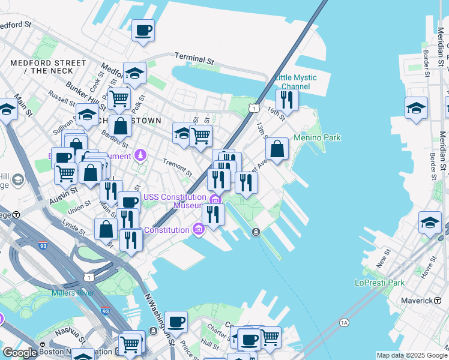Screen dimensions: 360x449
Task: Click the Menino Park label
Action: click(x=317, y=137)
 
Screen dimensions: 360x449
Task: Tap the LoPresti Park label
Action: click(x=380, y=283)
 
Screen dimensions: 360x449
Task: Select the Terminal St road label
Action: click(x=194, y=58)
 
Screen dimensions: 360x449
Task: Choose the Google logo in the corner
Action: click(x=20, y=353)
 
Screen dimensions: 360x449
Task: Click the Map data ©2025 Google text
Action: click(x=412, y=355)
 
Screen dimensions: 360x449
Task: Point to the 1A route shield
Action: click(x=344, y=322)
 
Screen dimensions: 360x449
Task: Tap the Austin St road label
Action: click(x=64, y=194)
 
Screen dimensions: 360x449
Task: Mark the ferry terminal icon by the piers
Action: click(x=256, y=232)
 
